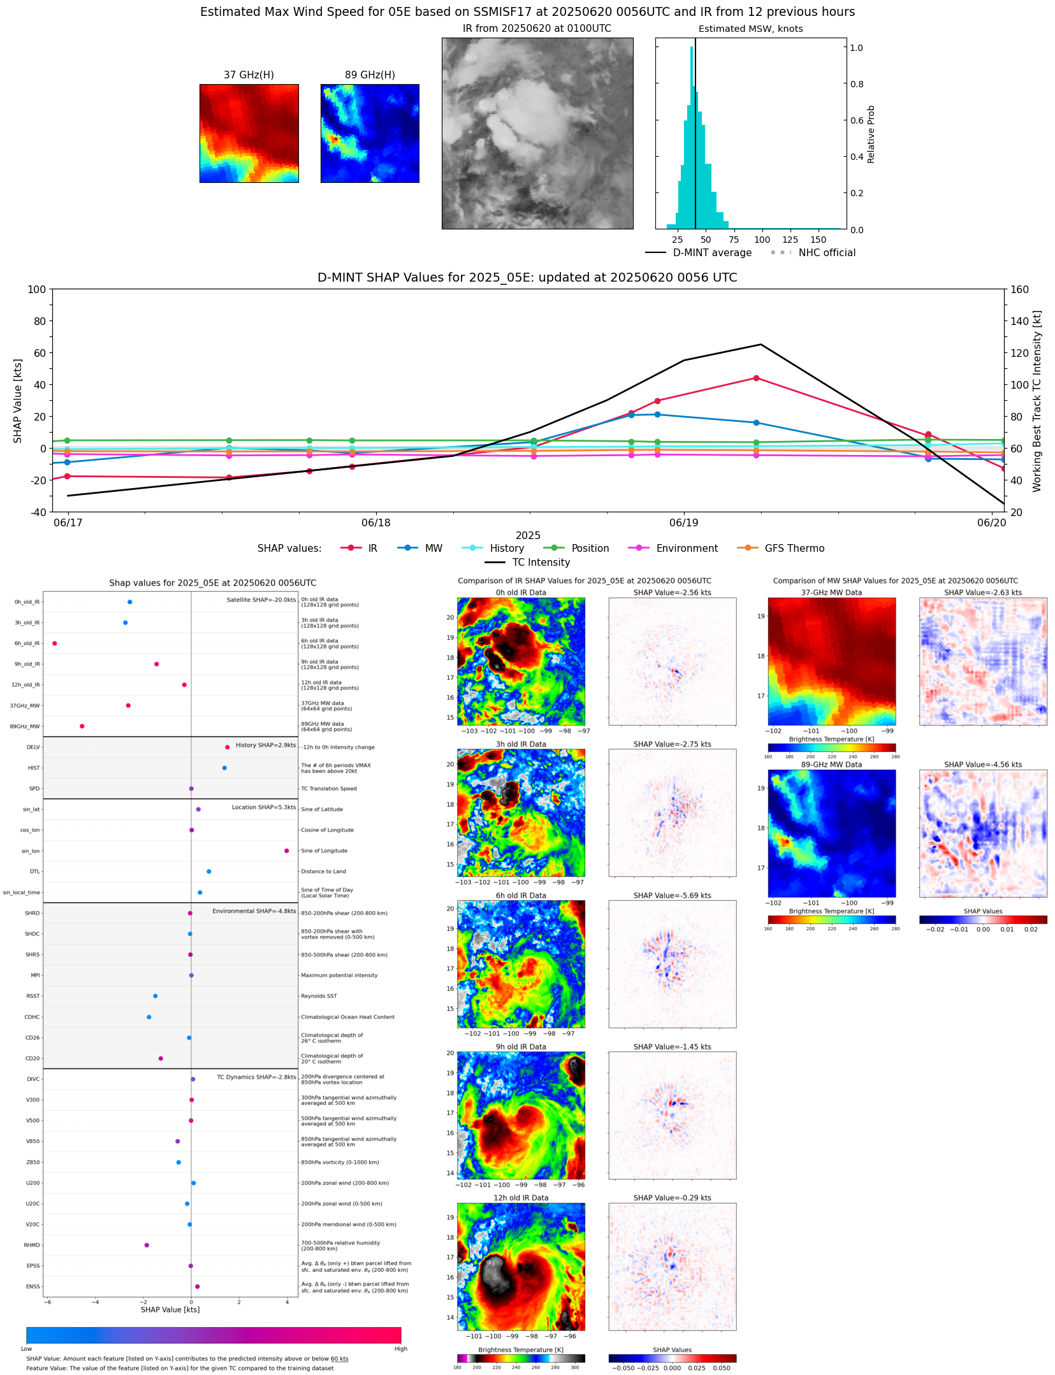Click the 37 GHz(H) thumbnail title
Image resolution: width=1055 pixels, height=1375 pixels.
pyautogui.click(x=249, y=75)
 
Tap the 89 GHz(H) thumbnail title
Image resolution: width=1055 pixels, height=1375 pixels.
pyautogui.click(x=370, y=75)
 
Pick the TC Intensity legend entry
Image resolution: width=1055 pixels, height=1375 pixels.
pyautogui.click(x=541, y=563)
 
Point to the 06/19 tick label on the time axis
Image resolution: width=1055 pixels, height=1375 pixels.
pyautogui.click(x=683, y=523)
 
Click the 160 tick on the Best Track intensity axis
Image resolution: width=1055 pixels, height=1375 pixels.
pyautogui.click(x=1019, y=289)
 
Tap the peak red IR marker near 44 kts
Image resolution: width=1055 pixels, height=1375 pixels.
pyautogui.click(x=756, y=378)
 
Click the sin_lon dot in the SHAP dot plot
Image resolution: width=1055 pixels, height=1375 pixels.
pyautogui.click(x=287, y=851)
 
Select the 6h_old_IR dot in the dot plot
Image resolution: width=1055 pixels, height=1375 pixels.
pyautogui.click(x=55, y=644)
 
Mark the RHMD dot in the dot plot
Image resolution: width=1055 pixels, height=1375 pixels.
pyautogui.click(x=147, y=1245)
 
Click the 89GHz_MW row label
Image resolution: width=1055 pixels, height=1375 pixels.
pyautogui.click(x=25, y=726)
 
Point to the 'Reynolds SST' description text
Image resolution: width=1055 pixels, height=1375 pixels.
pyautogui.click(x=319, y=996)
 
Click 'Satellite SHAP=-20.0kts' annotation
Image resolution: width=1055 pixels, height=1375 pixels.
pyautogui.click(x=261, y=600)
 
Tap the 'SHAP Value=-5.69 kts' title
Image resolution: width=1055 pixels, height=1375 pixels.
pyautogui.click(x=672, y=895)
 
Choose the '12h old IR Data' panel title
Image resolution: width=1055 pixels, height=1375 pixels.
pyautogui.click(x=521, y=1198)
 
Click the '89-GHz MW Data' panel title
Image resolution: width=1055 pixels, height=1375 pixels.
pyautogui.click(x=831, y=765)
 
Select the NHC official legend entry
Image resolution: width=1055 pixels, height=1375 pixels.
pyautogui.click(x=826, y=253)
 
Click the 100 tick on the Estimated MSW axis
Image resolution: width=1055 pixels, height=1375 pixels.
pyautogui.click(x=762, y=240)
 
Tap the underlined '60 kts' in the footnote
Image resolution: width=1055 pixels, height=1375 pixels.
pyautogui.click(x=339, y=1358)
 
